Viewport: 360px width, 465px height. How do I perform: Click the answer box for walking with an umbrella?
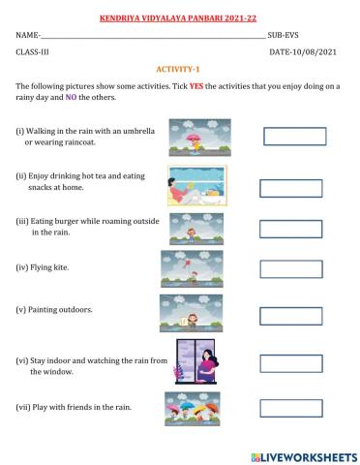pyautogui.click(x=294, y=136)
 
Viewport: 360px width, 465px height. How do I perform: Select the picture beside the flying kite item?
pyautogui.click(x=192, y=267)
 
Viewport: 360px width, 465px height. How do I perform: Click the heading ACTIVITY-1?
pyautogui.click(x=179, y=70)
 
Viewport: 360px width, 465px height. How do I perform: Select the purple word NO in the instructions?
pyautogui.click(x=71, y=97)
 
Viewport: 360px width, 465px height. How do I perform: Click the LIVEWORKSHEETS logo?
pyautogui.click(x=303, y=454)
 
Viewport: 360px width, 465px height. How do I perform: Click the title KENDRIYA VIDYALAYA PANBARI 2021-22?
pyautogui.click(x=179, y=16)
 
